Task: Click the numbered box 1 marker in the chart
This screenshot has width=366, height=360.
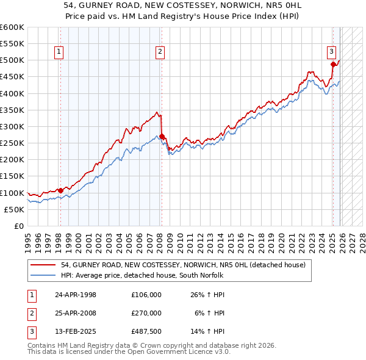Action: pos(60,52)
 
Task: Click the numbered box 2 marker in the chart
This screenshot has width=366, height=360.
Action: pos(160,52)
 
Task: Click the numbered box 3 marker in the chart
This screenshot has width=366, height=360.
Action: pos(331,52)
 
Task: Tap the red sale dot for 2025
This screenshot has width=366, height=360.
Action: pos(333,64)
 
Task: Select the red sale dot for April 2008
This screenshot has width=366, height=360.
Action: pos(162,136)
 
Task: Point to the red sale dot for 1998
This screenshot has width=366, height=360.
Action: pos(60,190)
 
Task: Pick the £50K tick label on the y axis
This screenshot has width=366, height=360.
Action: pos(15,209)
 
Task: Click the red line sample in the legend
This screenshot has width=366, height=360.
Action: pos(44,265)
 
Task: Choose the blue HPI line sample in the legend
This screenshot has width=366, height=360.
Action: pos(44,276)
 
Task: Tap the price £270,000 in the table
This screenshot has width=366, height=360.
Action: pos(146,313)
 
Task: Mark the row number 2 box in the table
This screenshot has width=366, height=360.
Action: pos(30,313)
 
